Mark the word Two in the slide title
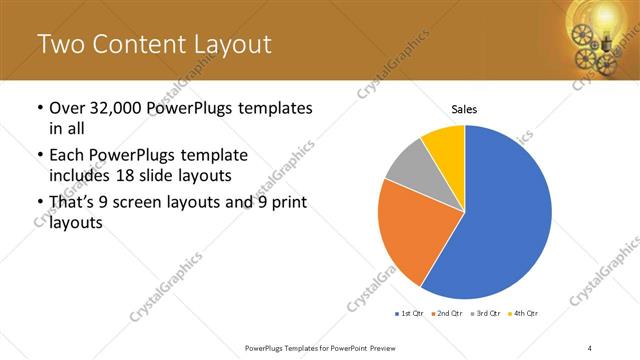point(58,44)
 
